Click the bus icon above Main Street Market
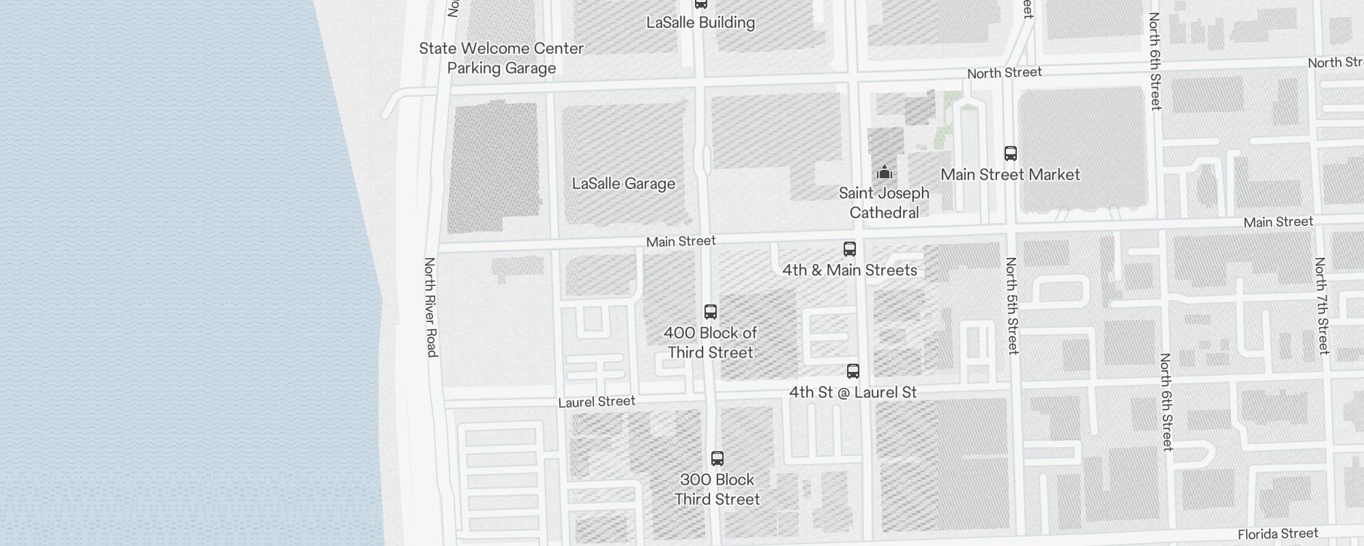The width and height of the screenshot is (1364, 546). pyautogui.click(x=1011, y=154)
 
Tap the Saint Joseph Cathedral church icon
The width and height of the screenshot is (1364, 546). pyautogui.click(x=885, y=172)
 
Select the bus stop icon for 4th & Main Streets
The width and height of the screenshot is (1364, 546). pyautogui.click(x=850, y=249)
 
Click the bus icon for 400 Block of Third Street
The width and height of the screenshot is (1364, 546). pyautogui.click(x=711, y=312)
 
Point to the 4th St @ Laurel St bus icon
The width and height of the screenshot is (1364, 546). pyautogui.click(x=853, y=371)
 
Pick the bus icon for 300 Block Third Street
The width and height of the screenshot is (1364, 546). pyautogui.click(x=717, y=459)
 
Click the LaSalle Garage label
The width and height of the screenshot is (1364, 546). pyautogui.click(x=623, y=184)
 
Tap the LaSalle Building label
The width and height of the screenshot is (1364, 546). pyautogui.click(x=700, y=23)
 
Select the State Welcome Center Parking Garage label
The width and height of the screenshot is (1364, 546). pyautogui.click(x=501, y=58)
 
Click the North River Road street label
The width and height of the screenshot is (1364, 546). pyautogui.click(x=430, y=306)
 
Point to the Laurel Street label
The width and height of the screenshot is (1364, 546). pyautogui.click(x=597, y=402)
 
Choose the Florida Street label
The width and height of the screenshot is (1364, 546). pyautogui.click(x=1278, y=534)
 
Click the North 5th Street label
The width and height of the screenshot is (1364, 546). pyautogui.click(x=1012, y=305)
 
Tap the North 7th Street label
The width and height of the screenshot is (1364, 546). pyautogui.click(x=1322, y=305)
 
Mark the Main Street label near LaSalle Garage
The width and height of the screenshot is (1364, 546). pyautogui.click(x=681, y=241)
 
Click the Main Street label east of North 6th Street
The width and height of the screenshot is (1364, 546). pyautogui.click(x=1278, y=222)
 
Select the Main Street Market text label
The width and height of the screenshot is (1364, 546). pyautogui.click(x=1010, y=175)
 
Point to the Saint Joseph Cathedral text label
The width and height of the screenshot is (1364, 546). pyautogui.click(x=884, y=203)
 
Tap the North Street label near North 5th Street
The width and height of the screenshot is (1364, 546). pyautogui.click(x=1004, y=72)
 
